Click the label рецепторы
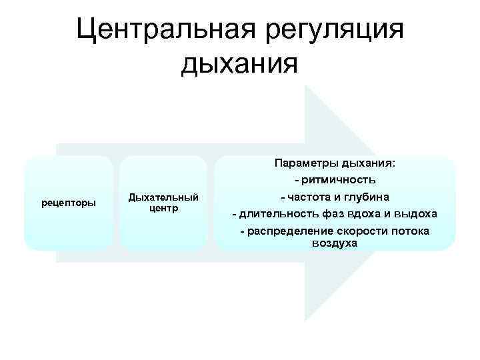click(x=69, y=202)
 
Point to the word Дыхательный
click(x=163, y=197)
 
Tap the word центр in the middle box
click(x=163, y=208)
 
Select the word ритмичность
click(x=339, y=180)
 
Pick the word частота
click(x=308, y=197)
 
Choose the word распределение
click(x=287, y=231)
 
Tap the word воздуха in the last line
click(x=335, y=243)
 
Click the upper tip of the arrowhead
click(x=305, y=86)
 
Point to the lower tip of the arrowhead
click(x=305, y=321)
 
